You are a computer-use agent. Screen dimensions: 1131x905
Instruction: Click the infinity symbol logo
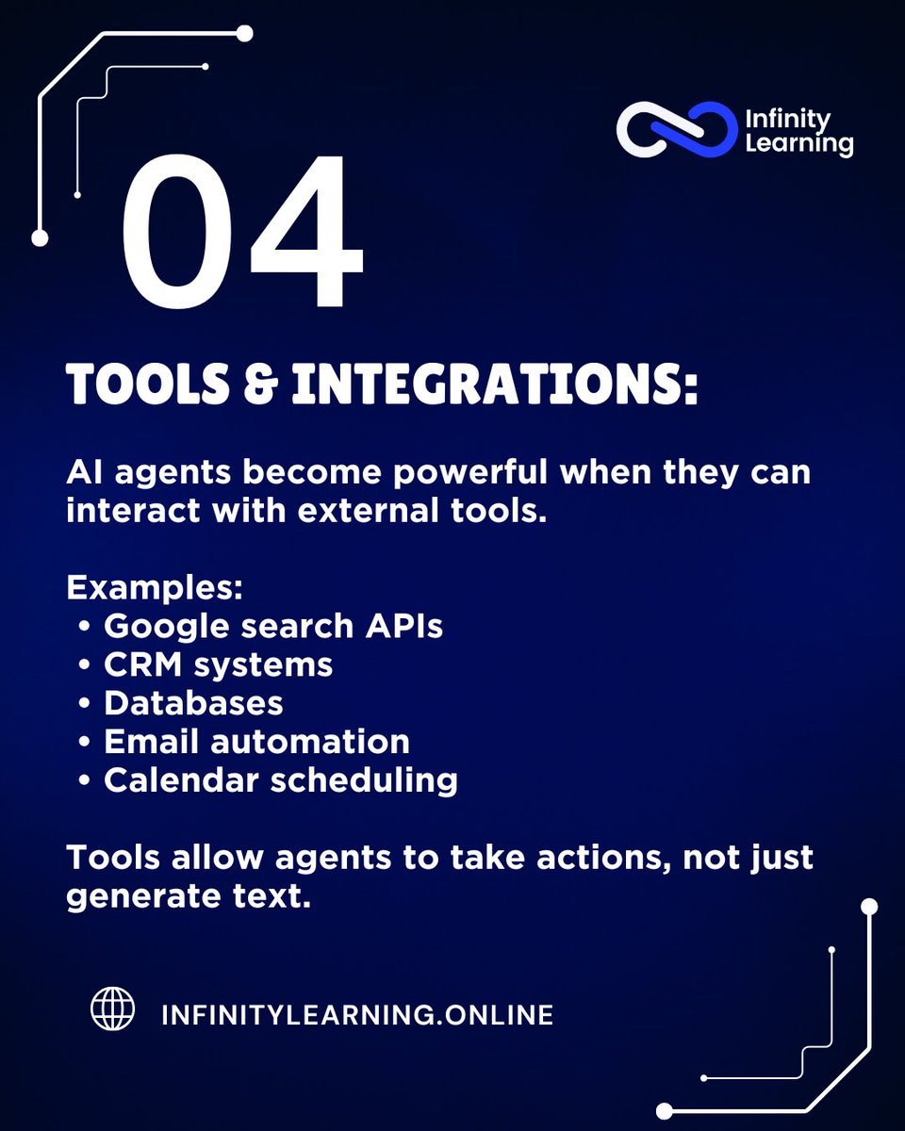point(675,129)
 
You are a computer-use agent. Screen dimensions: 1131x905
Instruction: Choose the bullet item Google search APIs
point(273,626)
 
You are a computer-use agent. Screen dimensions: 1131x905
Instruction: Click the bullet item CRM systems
point(218,664)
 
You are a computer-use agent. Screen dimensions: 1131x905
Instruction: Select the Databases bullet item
point(193,703)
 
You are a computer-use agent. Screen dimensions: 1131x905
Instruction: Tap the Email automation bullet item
point(256,742)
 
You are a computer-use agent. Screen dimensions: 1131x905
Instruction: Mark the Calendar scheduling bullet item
point(281,780)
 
